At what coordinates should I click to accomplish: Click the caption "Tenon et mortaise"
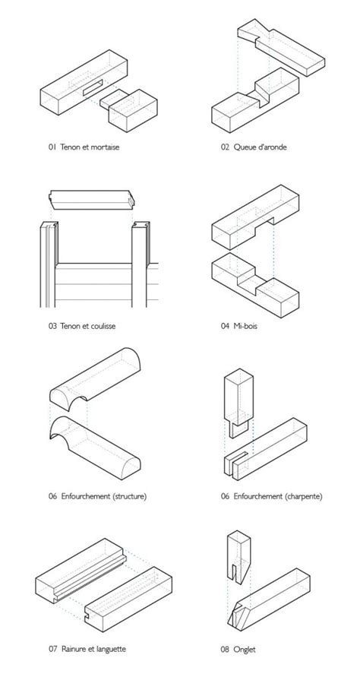coord(90,147)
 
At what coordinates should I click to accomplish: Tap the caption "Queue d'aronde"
coord(261,147)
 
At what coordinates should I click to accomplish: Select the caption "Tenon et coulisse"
coord(88,326)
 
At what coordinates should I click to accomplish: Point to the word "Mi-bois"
coord(245,326)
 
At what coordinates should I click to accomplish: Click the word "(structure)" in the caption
coord(130,496)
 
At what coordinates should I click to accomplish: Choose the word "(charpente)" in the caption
coord(304,496)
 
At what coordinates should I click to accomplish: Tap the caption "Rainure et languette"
coord(93,648)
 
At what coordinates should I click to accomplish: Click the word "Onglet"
coord(245,649)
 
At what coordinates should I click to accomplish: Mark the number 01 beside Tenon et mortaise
coord(52,147)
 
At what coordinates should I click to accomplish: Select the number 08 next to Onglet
coord(225,649)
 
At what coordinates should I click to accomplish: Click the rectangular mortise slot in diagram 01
coord(93,87)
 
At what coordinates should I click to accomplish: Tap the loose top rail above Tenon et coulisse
coord(92,200)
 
